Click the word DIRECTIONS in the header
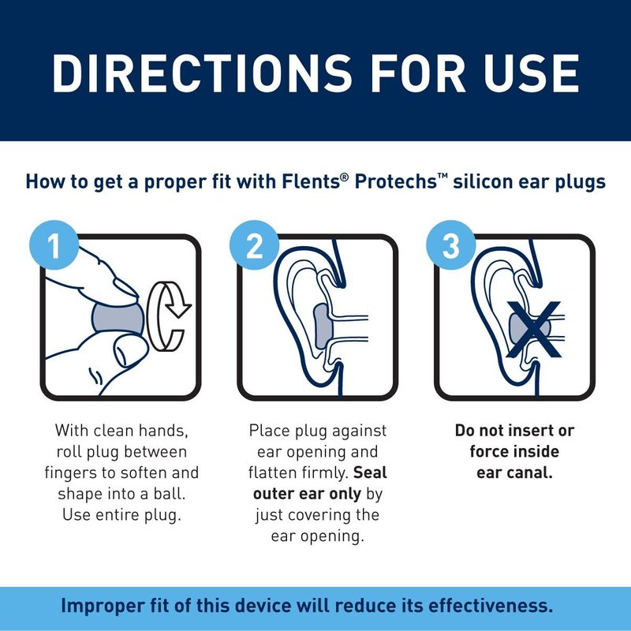point(202,73)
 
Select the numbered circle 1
point(54,245)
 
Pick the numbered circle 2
point(254,245)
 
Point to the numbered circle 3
point(451,245)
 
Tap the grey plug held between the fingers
point(118,319)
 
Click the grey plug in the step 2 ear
point(322,326)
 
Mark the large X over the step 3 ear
point(534,329)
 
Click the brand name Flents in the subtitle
point(311,181)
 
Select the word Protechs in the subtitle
point(396,181)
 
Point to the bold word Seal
point(370,472)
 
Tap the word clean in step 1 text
point(113,431)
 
